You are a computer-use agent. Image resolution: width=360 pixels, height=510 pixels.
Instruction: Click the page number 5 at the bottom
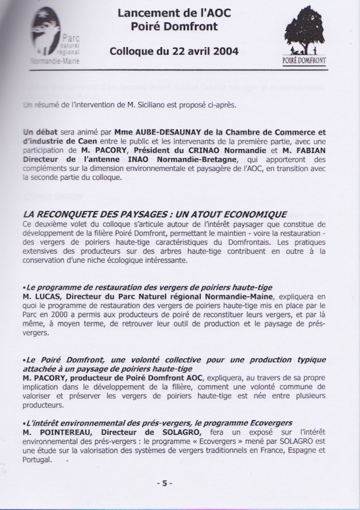coord(164,483)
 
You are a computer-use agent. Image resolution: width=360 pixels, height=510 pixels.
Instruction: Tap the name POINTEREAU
coord(65,431)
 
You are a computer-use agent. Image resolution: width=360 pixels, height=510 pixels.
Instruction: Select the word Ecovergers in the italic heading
coord(271,423)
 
